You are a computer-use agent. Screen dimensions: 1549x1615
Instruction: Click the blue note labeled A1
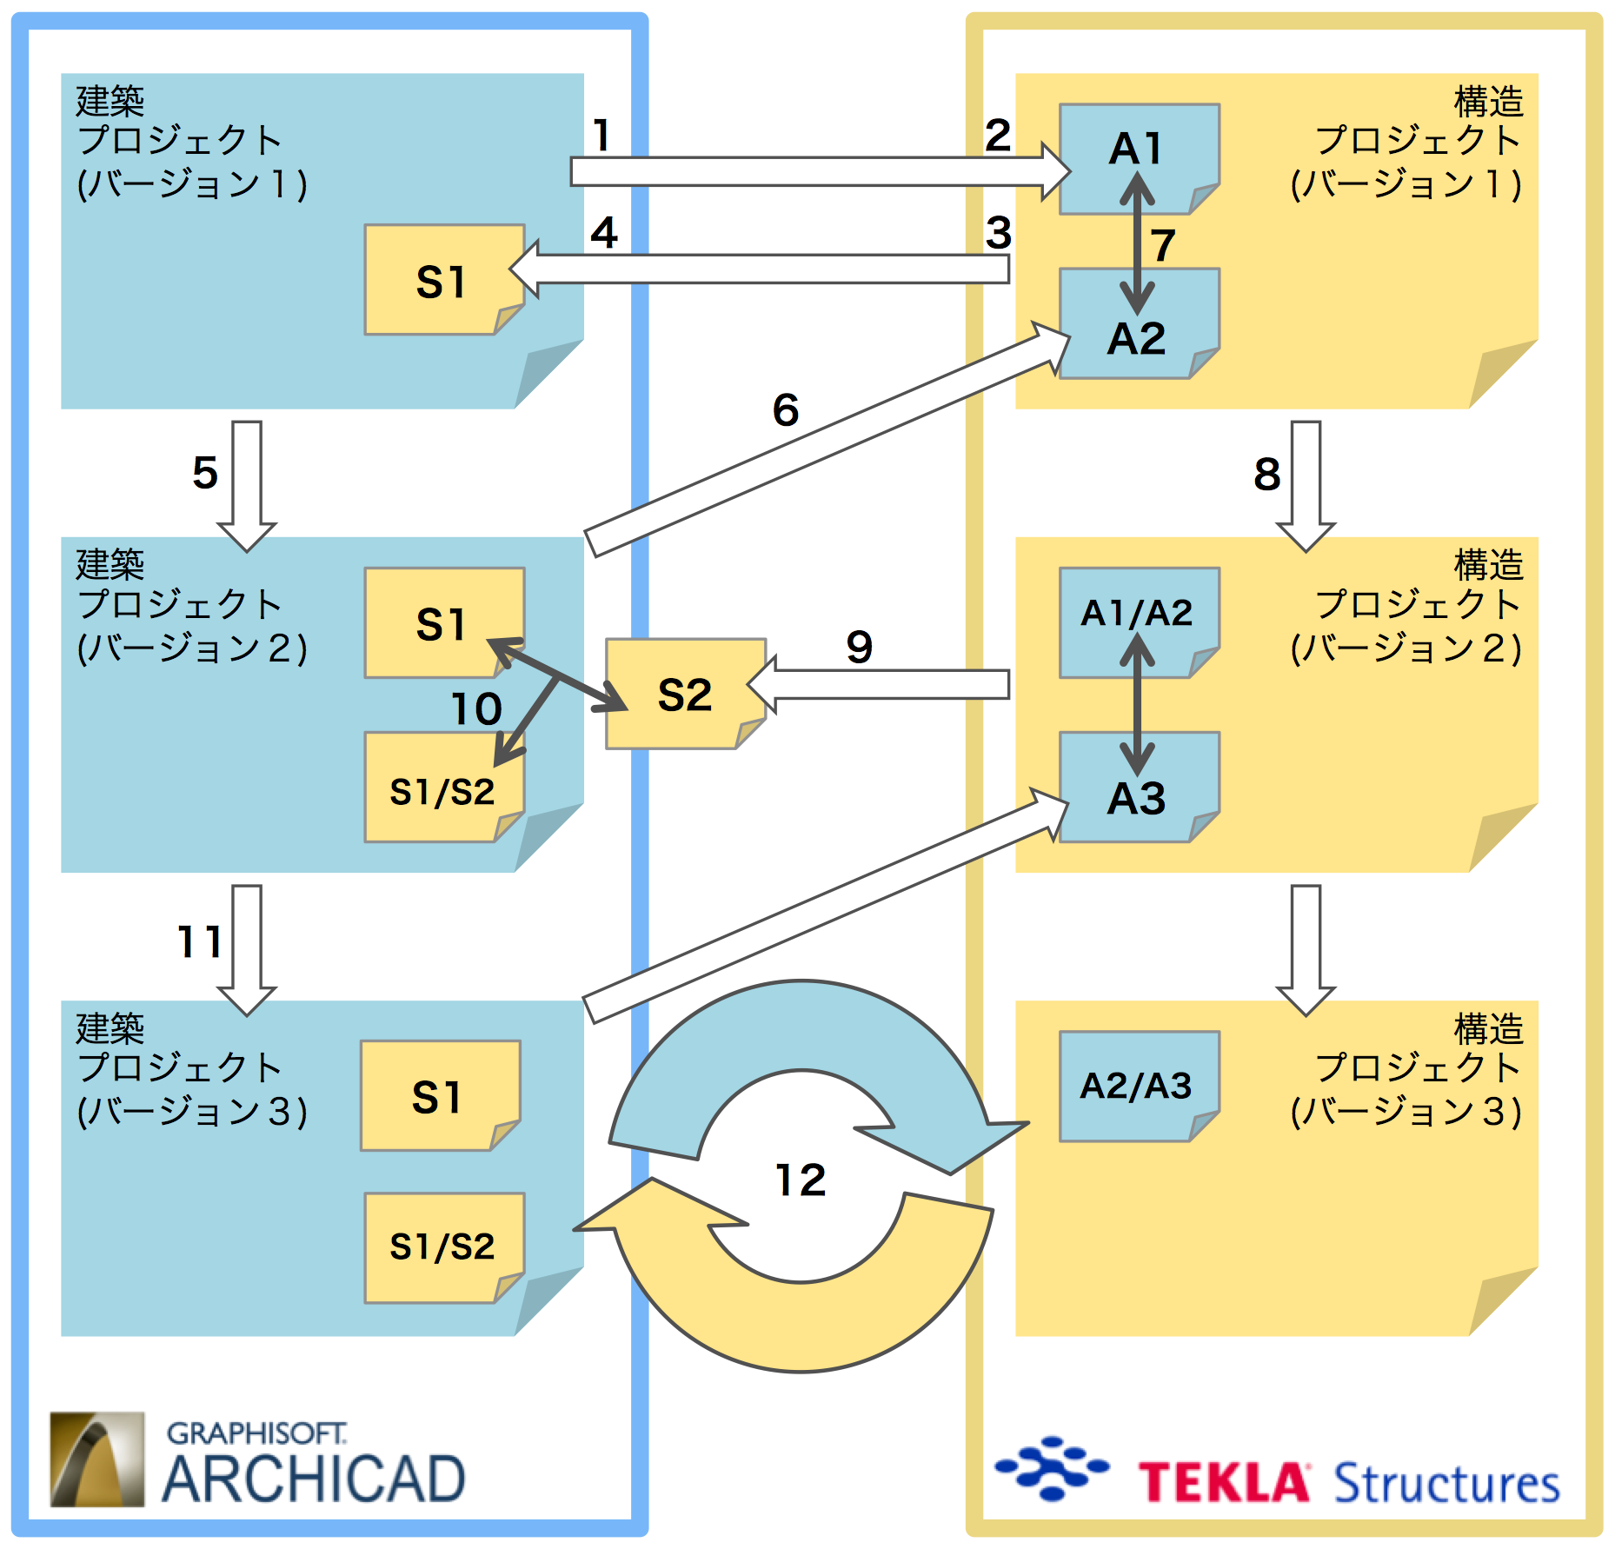pos(1138,158)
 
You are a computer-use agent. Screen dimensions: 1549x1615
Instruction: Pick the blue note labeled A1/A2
pos(1138,622)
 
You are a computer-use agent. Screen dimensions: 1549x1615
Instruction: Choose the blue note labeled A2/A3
pos(1138,1086)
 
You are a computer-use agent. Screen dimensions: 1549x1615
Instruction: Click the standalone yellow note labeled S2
pos(685,694)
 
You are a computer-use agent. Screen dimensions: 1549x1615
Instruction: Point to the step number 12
pos(801,1180)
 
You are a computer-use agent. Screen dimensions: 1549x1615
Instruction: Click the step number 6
pos(786,409)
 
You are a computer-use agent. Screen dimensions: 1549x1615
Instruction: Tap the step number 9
pos(859,647)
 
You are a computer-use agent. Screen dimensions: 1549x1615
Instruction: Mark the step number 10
pos(476,708)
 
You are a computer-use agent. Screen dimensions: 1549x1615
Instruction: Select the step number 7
pos(1162,245)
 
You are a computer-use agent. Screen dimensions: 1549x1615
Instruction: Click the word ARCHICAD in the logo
pos(314,1479)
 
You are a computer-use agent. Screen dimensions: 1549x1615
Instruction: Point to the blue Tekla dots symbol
pos(1053,1468)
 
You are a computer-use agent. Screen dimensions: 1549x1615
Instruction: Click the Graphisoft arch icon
pos(97,1459)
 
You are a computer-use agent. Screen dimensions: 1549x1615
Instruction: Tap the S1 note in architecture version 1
pos(444,280)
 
